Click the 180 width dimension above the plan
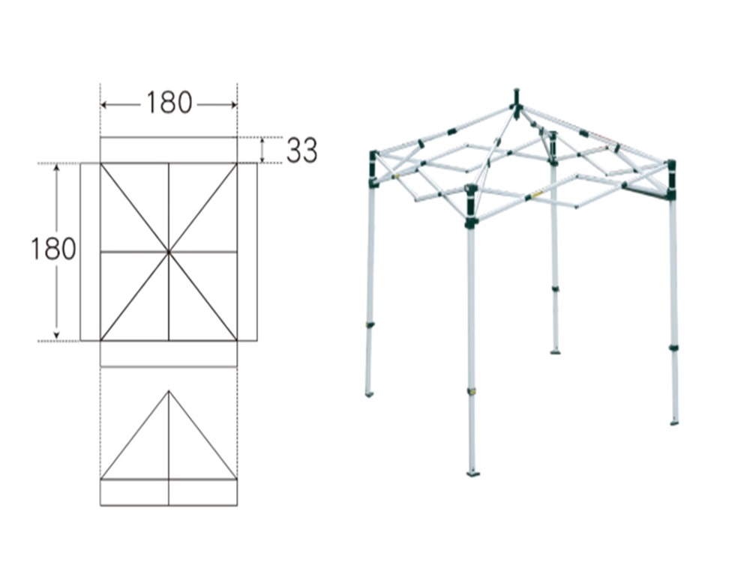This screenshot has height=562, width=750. (169, 103)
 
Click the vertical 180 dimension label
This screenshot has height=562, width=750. (53, 249)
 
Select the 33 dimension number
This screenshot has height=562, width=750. (301, 151)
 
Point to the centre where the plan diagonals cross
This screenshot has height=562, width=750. (169, 251)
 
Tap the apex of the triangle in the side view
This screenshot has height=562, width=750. (169, 391)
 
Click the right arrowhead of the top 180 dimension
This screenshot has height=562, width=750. (233, 105)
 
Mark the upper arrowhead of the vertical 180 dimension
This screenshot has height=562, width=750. (56, 167)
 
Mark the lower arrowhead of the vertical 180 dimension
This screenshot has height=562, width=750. (56, 336)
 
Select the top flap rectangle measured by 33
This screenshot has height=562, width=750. (169, 150)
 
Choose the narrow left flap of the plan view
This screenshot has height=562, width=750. (91, 252)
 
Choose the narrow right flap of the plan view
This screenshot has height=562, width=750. (247, 252)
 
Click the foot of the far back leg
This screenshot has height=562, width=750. (555, 352)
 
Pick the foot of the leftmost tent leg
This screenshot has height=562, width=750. (369, 394)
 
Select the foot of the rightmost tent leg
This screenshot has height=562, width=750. (674, 423)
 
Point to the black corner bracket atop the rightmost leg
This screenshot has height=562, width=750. (671, 179)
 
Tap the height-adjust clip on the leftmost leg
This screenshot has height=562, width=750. (370, 325)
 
